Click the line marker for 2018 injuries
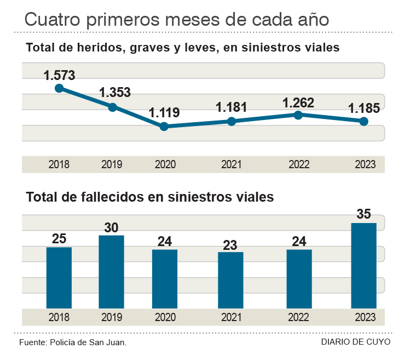(59, 88)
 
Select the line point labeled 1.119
(164, 127)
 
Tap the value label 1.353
(114, 92)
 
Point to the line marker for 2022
(298, 115)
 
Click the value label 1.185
(363, 108)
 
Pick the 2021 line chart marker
(232, 121)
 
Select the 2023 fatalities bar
(363, 266)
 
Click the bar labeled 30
(112, 272)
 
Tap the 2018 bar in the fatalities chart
(59, 278)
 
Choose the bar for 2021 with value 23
(230, 280)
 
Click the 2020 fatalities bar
(165, 279)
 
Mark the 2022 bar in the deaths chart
(299, 279)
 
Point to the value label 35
(363, 214)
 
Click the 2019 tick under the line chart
(112, 164)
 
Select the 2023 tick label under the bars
(365, 317)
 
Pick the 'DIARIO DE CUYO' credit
(355, 342)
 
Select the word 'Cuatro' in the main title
(49, 20)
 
